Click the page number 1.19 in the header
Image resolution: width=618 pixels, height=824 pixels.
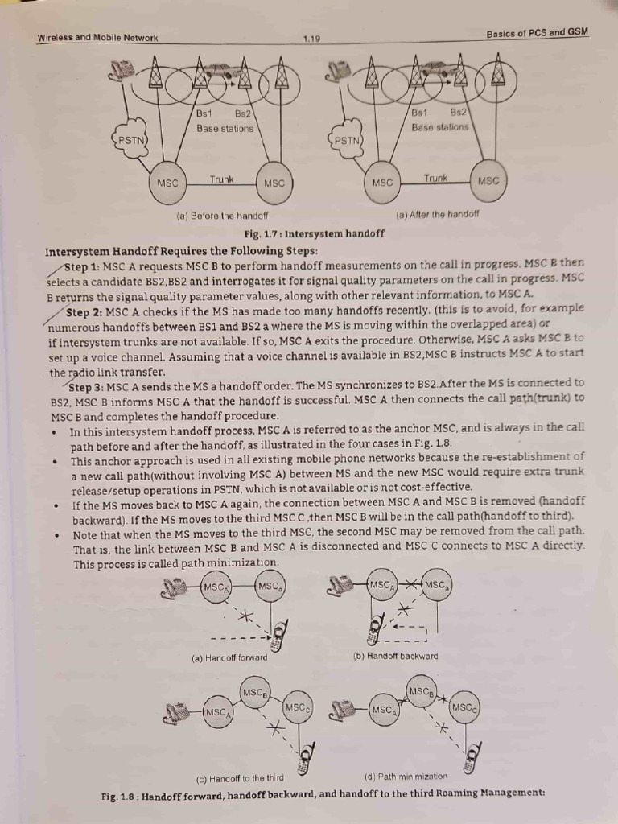[x=311, y=37]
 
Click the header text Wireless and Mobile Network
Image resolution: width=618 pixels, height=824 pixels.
[x=97, y=38]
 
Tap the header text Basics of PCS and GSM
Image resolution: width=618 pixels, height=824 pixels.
[x=538, y=32]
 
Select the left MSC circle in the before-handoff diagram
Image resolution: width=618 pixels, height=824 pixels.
[x=167, y=183]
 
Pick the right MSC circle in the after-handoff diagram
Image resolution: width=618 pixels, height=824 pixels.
[x=488, y=181]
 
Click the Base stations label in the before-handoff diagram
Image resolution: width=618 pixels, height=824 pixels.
[x=225, y=128]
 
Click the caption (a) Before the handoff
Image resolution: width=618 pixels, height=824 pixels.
[x=222, y=216]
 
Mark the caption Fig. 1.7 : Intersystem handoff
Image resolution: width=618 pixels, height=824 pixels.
[x=314, y=233]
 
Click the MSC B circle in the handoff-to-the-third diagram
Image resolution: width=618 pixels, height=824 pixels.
[x=255, y=692]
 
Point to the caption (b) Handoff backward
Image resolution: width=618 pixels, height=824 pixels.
[x=396, y=656]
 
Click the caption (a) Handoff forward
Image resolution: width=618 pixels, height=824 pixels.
[x=229, y=657]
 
